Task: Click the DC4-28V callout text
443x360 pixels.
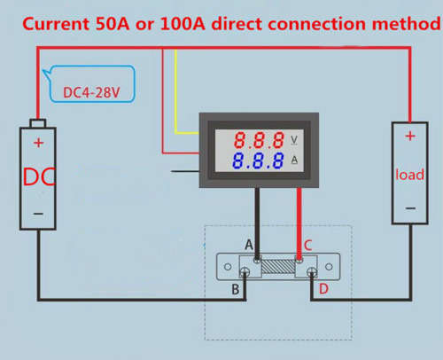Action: (91, 92)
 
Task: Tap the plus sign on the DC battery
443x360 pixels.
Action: (38, 143)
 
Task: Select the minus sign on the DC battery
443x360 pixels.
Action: (38, 214)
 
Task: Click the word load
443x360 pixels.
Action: (410, 175)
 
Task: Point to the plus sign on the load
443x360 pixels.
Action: (410, 136)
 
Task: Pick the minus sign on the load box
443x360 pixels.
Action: (410, 208)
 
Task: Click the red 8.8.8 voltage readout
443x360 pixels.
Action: (259, 140)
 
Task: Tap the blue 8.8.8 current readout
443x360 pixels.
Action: (258, 160)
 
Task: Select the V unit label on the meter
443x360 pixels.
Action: (294, 140)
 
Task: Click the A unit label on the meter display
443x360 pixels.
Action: (294, 160)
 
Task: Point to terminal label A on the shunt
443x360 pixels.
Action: (249, 245)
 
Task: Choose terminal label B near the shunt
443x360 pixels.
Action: (236, 289)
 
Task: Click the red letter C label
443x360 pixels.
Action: (308, 246)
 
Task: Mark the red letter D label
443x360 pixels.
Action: (323, 289)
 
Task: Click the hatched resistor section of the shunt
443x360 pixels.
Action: (278, 266)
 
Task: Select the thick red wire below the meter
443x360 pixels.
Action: (299, 223)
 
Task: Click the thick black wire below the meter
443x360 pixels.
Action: (257, 223)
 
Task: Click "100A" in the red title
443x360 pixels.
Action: (183, 24)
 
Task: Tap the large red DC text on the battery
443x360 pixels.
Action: (39, 176)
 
